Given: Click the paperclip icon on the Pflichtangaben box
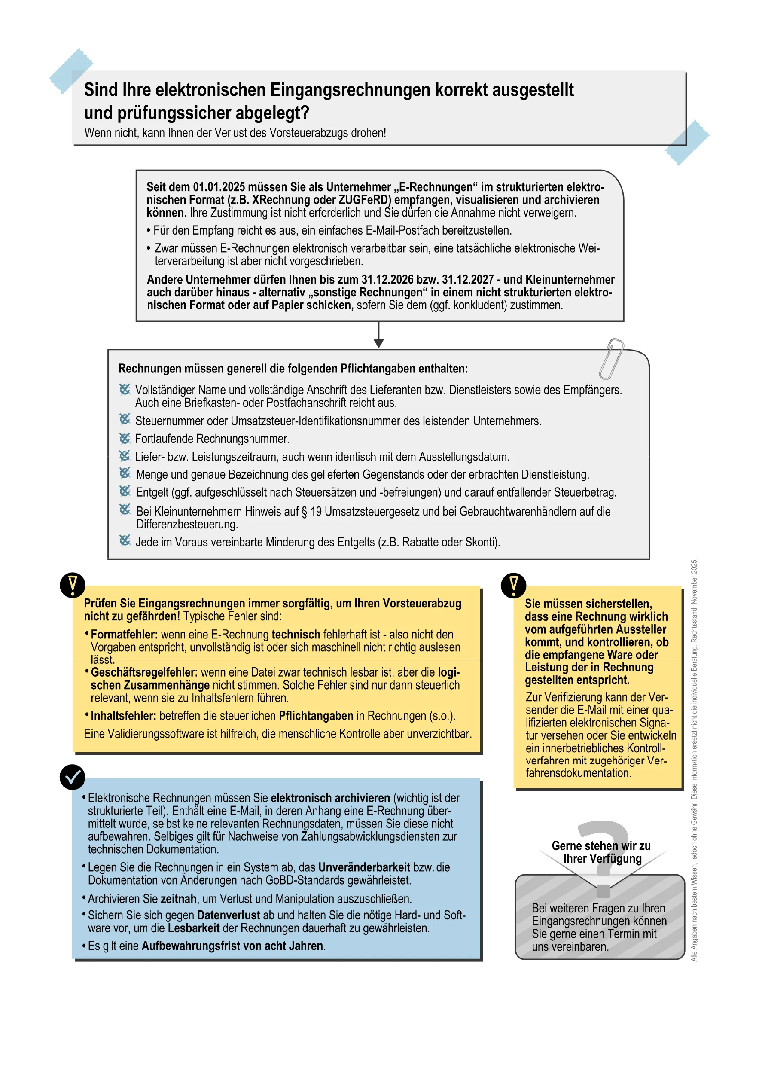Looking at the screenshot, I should pos(611,359).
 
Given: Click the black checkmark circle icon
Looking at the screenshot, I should pos(73,777).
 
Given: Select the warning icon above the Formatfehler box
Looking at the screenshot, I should pos(73,585).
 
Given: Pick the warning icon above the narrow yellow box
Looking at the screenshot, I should pos(513,585).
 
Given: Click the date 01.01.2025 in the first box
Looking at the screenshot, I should pos(219,187).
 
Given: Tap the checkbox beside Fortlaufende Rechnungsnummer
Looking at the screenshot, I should pos(125,438).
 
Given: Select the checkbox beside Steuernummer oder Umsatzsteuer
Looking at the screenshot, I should pos(125,419).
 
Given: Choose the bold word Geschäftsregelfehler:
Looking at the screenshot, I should pos(144,672).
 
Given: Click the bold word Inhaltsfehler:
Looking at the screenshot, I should pos(123,716).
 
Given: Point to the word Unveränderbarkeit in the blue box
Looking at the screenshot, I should pos(364,867).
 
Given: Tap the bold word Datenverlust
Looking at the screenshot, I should pos(228,915).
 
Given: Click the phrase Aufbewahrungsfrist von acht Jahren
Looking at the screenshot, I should pos(232,946).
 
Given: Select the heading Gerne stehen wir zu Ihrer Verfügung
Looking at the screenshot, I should pos(601,852).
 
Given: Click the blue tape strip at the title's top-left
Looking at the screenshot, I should pos(71,70).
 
